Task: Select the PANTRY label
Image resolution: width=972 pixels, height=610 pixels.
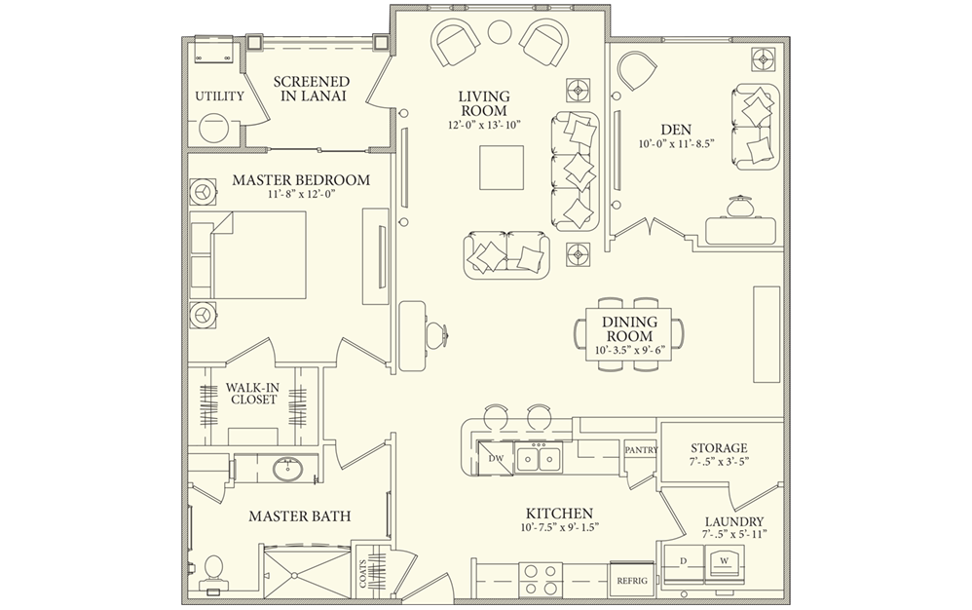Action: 641,450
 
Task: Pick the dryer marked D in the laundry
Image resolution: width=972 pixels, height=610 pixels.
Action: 683,560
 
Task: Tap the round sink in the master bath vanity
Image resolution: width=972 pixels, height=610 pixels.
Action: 289,470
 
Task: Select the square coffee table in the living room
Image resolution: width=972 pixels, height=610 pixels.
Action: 502,167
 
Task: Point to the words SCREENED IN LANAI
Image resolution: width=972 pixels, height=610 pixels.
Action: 312,89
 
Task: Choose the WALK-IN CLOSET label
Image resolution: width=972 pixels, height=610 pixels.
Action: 253,393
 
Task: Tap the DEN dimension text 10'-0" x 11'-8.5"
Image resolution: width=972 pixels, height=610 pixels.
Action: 677,144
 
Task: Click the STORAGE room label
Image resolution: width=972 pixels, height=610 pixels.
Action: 719,447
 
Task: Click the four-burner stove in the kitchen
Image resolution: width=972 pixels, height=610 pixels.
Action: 540,577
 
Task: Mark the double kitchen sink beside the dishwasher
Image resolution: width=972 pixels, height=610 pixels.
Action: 539,456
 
